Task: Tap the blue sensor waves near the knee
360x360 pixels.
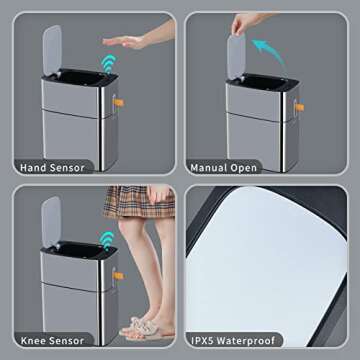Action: coord(104,240)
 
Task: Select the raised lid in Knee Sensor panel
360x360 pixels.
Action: coord(51,221)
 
